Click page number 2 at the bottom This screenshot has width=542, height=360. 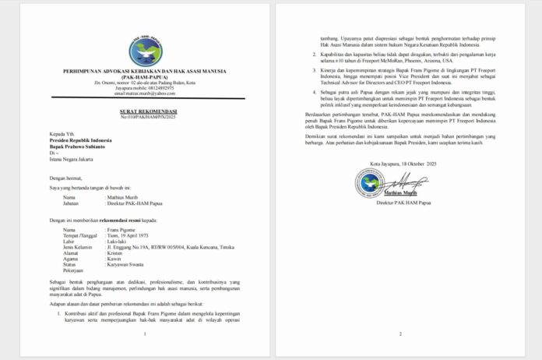[x=399, y=334]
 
